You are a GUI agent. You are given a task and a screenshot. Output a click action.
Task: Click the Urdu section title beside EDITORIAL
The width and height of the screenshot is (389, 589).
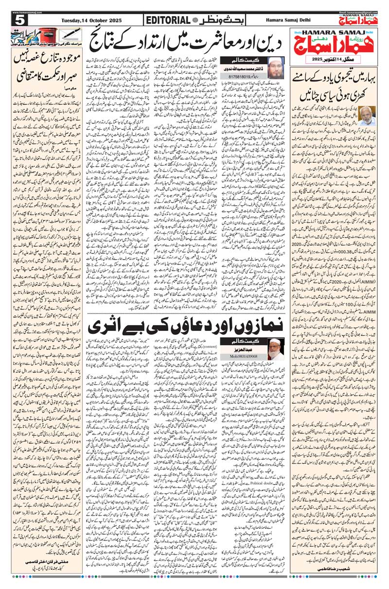213,20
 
